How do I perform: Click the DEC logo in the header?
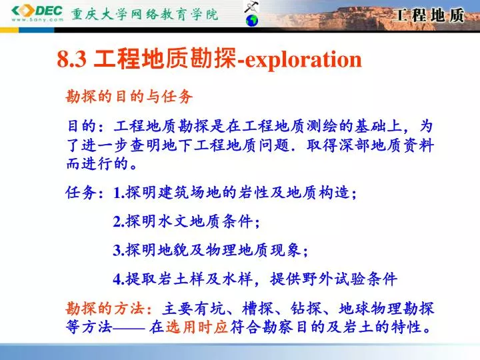coord(37,11)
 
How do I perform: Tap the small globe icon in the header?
coord(252,21)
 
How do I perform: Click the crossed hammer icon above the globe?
coord(251,7)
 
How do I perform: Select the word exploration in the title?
coord(303,59)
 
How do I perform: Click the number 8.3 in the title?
coord(71,59)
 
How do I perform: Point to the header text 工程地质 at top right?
coord(429,15)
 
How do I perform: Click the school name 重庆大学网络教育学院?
coord(145,15)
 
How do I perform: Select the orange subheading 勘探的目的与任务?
coord(129,97)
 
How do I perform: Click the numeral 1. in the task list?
coord(119,193)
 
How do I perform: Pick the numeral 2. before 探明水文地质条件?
coord(119,221)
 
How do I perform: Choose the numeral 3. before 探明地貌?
coord(119,250)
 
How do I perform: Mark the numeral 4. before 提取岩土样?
coord(119,279)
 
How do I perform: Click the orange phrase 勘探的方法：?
coord(109,308)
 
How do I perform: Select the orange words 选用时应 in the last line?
coord(197,327)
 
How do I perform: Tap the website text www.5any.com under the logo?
coord(37,20)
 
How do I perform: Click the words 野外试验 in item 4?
coord(333,279)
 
